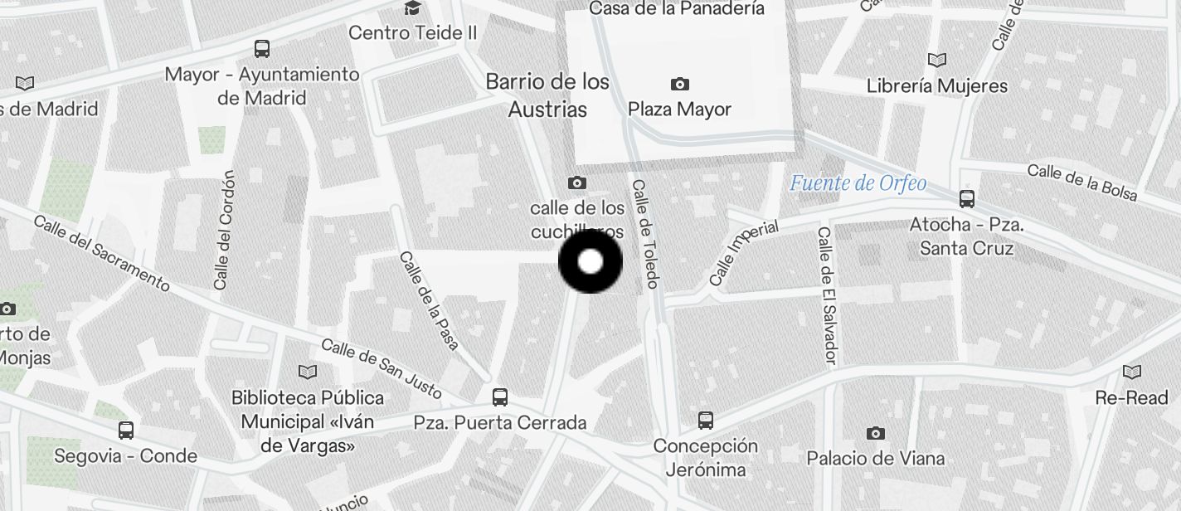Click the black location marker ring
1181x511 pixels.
tap(590, 262)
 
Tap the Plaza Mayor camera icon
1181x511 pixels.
tap(679, 84)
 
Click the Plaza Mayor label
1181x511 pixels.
tap(679, 109)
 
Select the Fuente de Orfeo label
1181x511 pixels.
tap(858, 183)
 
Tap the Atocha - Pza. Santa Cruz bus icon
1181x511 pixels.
tap(966, 199)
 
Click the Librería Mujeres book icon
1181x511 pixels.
tap(936, 61)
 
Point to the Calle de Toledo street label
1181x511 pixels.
tap(645, 234)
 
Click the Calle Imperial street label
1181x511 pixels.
tap(744, 252)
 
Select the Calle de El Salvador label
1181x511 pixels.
tap(828, 295)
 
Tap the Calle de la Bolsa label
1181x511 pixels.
tap(1081, 182)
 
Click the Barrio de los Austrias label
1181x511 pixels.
tap(547, 95)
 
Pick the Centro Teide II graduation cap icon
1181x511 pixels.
tap(411, 9)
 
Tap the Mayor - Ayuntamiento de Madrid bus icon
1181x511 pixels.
tap(262, 49)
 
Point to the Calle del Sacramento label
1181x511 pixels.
tap(102, 253)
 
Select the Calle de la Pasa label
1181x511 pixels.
tap(429, 300)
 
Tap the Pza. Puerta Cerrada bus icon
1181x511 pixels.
tap(499, 397)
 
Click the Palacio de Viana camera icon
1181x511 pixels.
tap(875, 433)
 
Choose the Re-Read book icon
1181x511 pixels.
tap(1131, 372)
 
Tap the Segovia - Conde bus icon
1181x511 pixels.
tap(126, 431)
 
